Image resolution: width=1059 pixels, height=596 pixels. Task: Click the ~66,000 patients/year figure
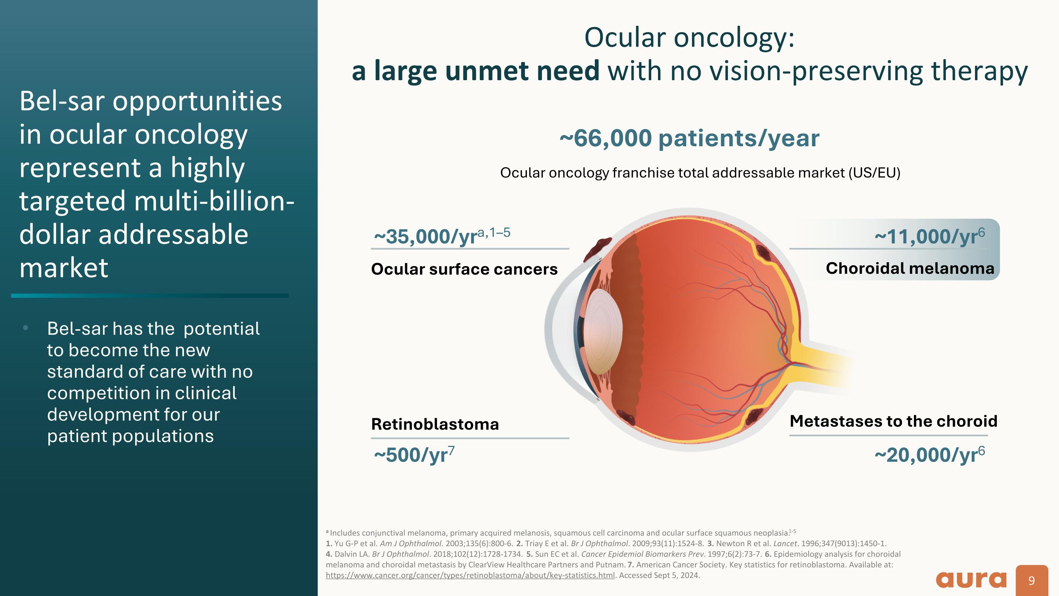click(689, 138)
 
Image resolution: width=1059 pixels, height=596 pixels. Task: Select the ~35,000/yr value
click(442, 236)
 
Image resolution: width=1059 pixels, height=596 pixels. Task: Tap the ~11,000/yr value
click(929, 236)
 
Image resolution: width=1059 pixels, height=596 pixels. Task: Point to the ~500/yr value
click(414, 454)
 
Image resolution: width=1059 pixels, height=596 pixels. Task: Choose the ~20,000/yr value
click(929, 454)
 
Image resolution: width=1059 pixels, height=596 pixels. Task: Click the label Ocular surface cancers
click(464, 269)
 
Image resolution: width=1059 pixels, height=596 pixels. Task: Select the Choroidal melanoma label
click(910, 268)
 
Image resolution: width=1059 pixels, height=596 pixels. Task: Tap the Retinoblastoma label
click(435, 424)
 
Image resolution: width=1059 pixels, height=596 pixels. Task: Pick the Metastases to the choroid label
click(893, 421)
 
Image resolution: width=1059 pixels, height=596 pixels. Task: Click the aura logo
click(971, 579)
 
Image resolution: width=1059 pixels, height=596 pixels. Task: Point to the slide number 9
click(1031, 580)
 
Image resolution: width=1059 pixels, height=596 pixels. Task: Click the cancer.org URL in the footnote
click(470, 575)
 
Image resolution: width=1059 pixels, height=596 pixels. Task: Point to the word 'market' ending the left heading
click(64, 268)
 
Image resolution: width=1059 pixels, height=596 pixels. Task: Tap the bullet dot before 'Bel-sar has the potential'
click(25, 328)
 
